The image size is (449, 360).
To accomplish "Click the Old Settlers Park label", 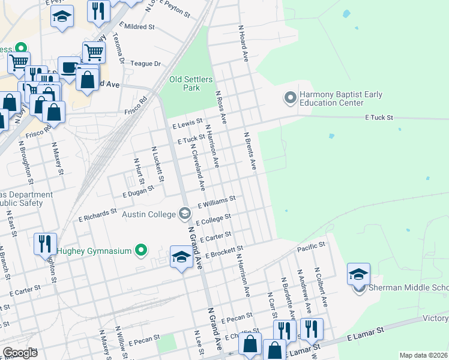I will coord(184,83).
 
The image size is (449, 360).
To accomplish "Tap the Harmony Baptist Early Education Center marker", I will coord(290,98).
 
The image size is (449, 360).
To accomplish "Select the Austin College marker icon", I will coord(185,214).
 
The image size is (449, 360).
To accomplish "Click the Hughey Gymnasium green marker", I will coord(141,250).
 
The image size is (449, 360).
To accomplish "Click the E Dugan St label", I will coord(138,191).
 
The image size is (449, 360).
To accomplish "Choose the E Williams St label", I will coord(217,200).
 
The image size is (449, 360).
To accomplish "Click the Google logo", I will coord(20,353).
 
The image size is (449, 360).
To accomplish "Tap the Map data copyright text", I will coord(423,355).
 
